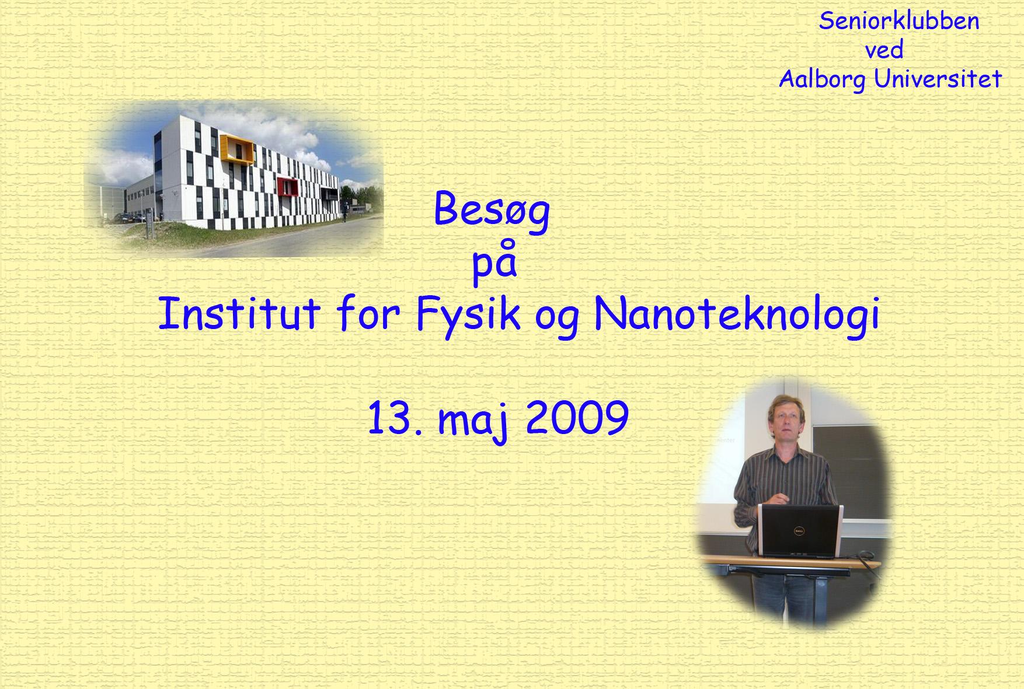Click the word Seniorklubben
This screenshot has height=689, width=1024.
tap(899, 22)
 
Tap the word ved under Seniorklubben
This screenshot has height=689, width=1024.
tap(884, 50)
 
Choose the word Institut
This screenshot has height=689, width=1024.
tap(239, 313)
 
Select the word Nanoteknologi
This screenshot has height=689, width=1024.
tap(737, 316)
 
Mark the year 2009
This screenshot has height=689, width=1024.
tap(577, 418)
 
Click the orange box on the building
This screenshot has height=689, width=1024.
tap(239, 149)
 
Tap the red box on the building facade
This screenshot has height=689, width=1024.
tap(287, 188)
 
